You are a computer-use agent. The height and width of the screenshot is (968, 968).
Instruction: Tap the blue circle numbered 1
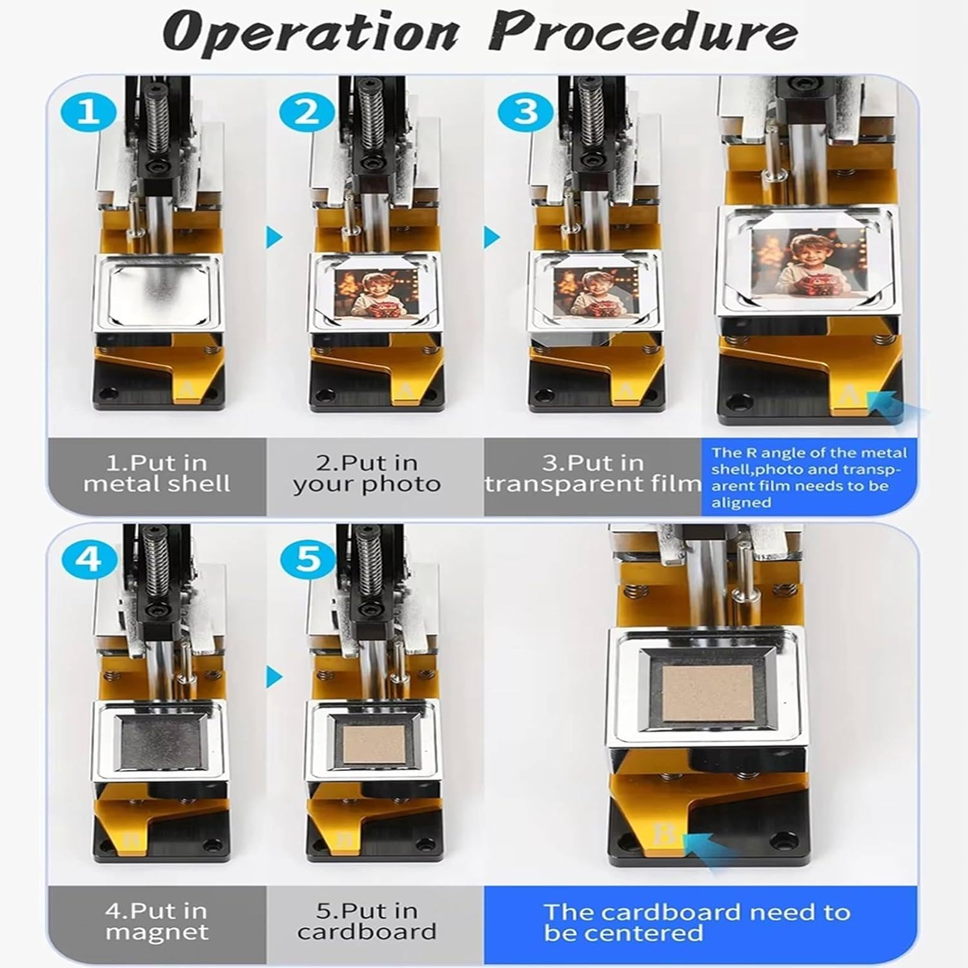(88, 111)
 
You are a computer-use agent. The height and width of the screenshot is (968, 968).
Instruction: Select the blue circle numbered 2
(308, 111)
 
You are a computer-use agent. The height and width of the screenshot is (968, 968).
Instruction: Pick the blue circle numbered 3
(527, 111)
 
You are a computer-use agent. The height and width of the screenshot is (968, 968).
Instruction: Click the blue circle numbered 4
(88, 559)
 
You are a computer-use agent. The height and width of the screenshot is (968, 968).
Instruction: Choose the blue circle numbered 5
(308, 559)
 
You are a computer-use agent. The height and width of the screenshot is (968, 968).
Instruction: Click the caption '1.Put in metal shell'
(157, 474)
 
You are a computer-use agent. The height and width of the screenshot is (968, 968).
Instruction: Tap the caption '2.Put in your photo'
(367, 474)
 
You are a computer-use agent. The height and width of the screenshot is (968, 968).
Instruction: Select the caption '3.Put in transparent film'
(593, 474)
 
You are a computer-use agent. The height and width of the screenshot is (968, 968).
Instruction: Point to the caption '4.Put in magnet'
(157, 922)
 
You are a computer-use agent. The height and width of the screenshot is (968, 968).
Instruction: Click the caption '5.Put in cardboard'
(367, 922)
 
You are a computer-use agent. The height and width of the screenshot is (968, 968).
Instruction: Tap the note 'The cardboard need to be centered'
(697, 923)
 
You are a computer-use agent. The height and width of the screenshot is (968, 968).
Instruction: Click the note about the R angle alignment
(809, 478)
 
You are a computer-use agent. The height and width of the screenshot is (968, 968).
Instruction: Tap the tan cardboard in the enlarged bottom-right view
(709, 694)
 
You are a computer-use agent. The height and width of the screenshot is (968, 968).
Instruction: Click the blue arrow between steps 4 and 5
(275, 677)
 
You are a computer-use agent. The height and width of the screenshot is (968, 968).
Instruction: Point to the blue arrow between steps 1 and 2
(275, 237)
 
